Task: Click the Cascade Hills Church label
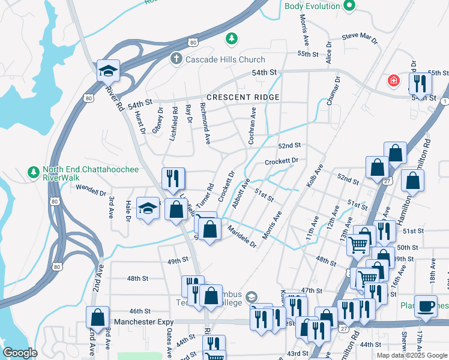tap(225, 59)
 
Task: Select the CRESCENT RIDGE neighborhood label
tap(243, 97)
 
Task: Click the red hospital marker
tap(394, 80)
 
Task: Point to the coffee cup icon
tap(426, 305)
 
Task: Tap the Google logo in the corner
tap(20, 353)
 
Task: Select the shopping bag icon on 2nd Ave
tap(97, 317)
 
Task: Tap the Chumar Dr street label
tap(333, 91)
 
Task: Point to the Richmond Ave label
tap(205, 125)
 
